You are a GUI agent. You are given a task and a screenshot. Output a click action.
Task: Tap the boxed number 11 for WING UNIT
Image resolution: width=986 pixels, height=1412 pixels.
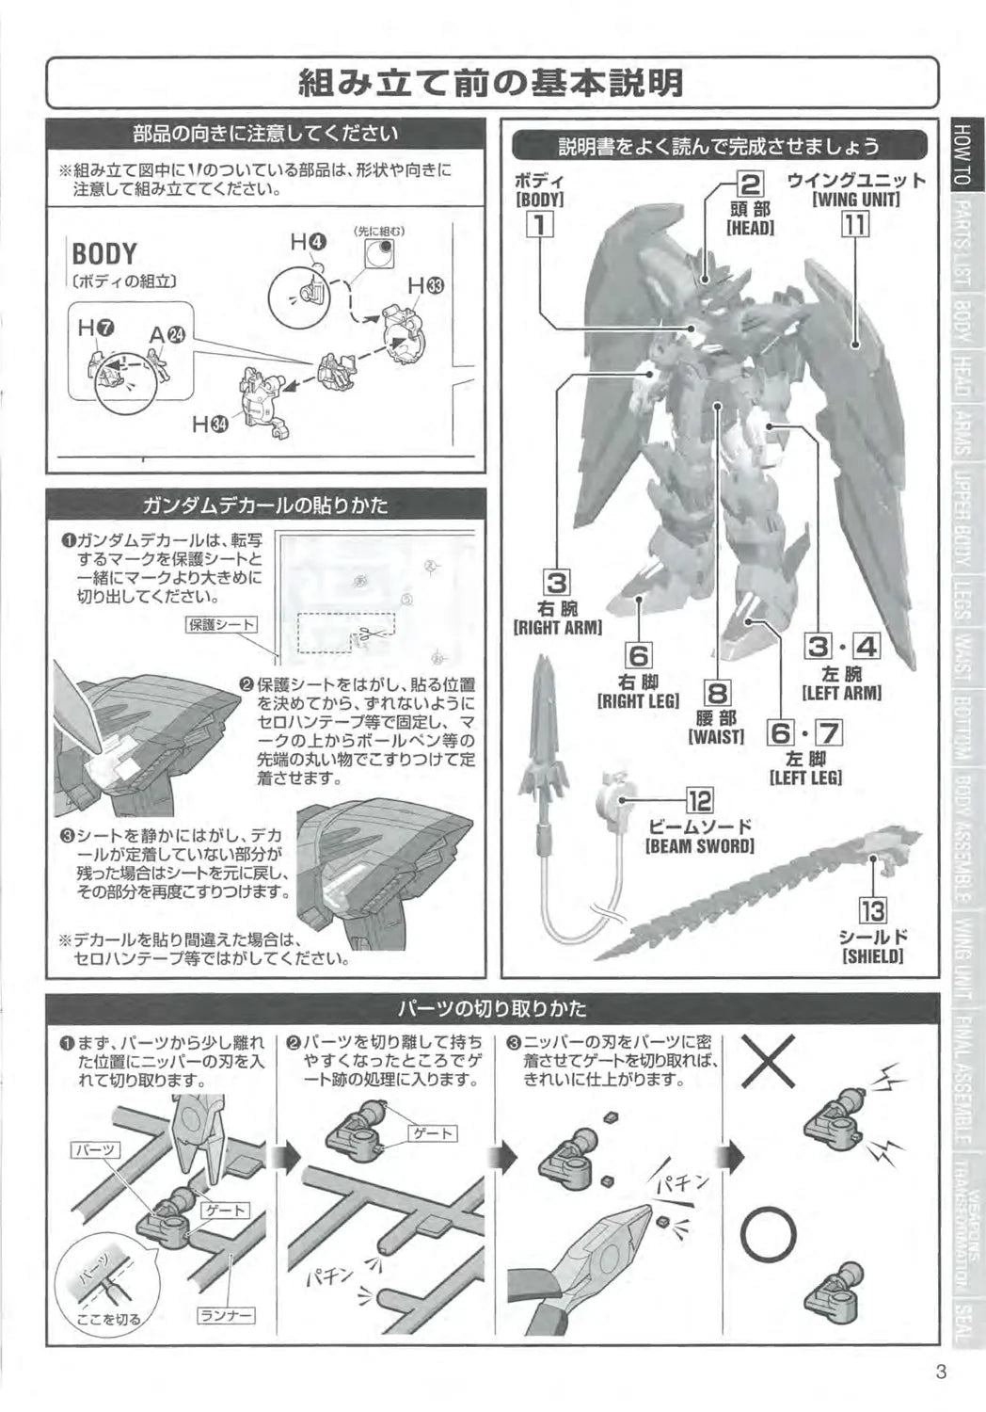pos(855,225)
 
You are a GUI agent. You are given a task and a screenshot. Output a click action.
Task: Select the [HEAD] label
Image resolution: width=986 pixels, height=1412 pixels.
pos(749,229)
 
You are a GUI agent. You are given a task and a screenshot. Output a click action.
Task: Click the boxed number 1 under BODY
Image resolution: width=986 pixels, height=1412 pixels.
pos(539,225)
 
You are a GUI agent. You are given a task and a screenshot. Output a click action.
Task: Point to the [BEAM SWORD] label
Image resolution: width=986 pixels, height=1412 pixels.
pos(699,846)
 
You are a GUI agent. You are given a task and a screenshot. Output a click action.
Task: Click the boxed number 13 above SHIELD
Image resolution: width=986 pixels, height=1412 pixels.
pos(872,911)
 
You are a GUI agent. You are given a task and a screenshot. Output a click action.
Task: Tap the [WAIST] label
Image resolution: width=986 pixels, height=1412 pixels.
pos(716,737)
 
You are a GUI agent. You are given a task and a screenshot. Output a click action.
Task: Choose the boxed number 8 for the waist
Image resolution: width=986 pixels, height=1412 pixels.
pos(717,694)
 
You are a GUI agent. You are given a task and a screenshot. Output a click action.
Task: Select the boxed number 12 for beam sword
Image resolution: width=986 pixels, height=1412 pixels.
pos(699,802)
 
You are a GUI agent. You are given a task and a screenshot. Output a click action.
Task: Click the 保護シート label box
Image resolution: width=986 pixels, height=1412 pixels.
pos(221,624)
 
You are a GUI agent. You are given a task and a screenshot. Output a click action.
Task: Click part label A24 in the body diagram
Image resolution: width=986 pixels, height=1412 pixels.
pos(167,334)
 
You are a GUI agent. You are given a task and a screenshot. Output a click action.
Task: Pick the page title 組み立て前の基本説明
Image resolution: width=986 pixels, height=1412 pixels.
pos(491,84)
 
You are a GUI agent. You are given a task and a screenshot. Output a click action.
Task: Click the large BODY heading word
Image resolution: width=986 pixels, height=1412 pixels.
pos(103,254)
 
